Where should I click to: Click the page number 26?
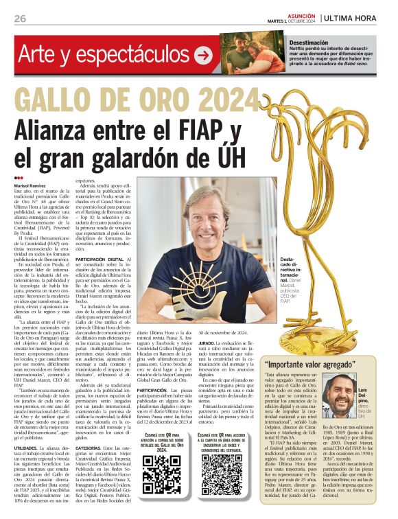(x=19, y=19)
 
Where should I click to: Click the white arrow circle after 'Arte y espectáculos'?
(x=203, y=56)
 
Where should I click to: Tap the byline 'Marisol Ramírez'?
(x=34, y=186)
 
